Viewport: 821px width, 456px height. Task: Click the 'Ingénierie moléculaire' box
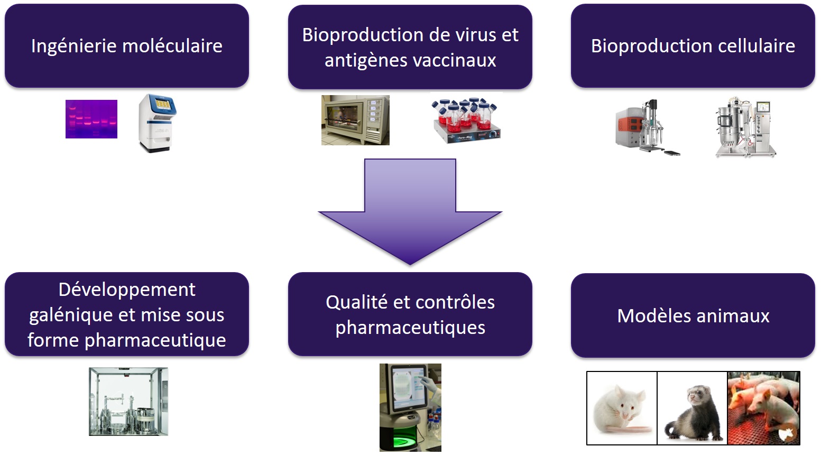pos(127,46)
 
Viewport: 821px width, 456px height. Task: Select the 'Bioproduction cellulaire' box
pos(693,46)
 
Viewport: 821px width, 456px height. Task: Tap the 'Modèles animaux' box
pos(693,315)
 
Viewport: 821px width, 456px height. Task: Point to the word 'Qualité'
pos(357,302)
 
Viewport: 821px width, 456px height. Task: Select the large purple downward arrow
pos(410,211)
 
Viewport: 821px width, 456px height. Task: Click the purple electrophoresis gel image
pos(91,119)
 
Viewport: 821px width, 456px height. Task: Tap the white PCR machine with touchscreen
pos(157,123)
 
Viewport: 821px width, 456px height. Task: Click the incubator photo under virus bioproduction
pos(355,120)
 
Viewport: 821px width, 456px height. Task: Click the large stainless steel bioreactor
pos(745,127)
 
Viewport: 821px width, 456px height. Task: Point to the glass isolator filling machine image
pos(128,402)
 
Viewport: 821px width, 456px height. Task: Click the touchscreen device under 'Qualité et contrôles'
pos(410,407)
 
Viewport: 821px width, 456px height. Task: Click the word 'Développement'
pos(127,290)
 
